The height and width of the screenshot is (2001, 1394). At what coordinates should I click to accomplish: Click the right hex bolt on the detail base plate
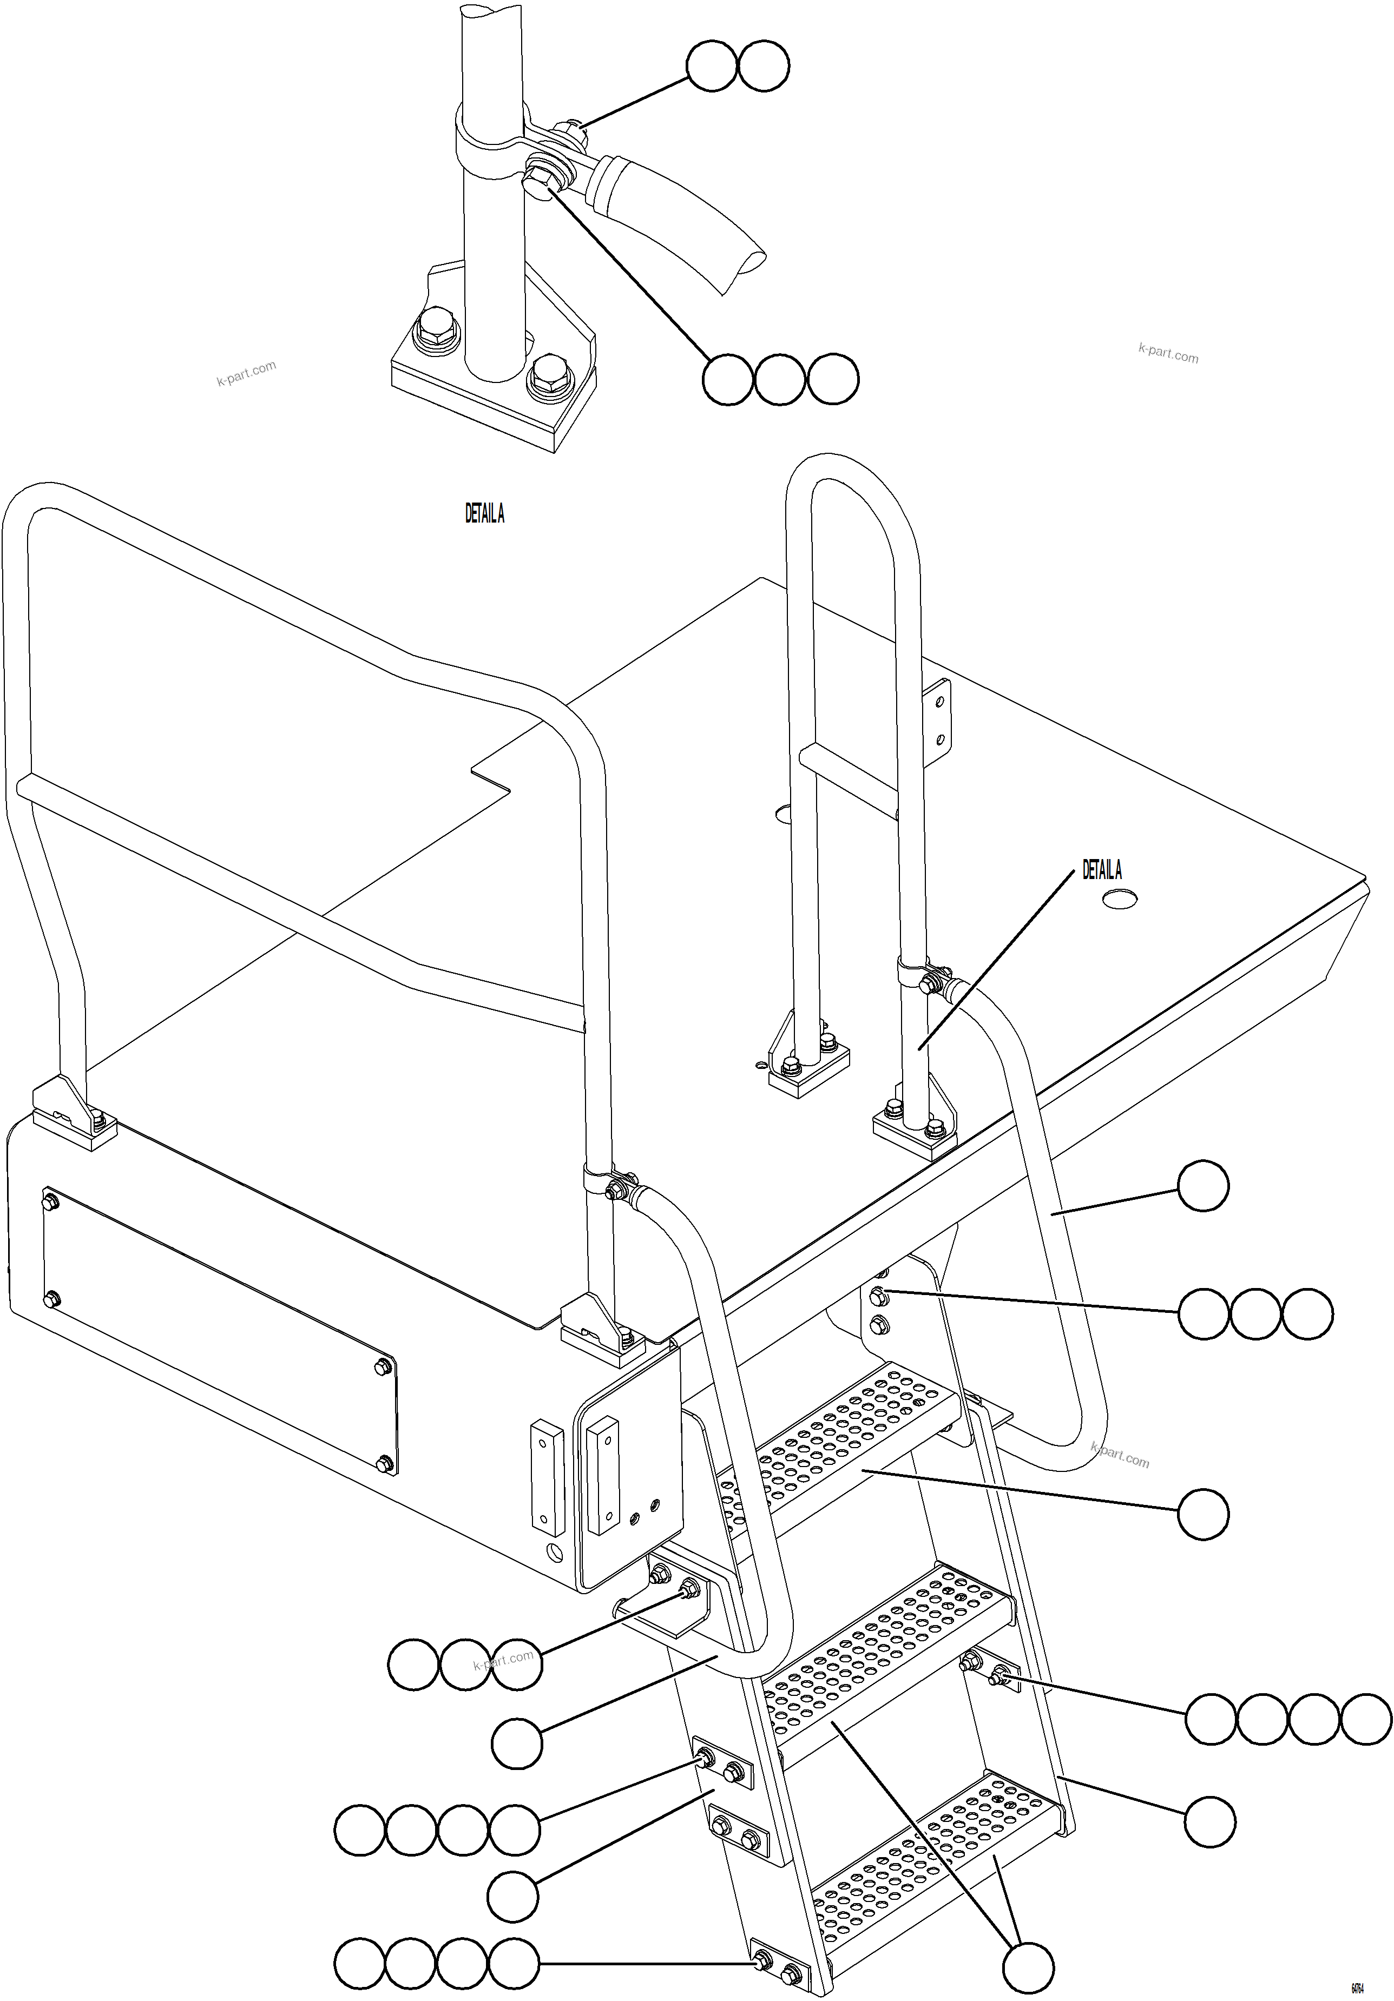coord(547,375)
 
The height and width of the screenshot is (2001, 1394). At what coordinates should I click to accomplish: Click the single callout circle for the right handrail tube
coord(1202,1185)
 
